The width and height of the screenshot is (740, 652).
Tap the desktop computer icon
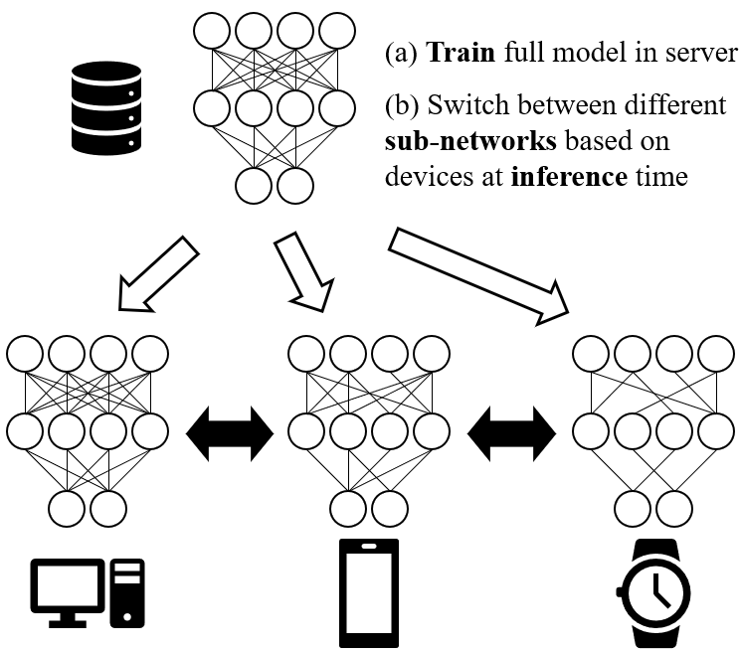(x=88, y=592)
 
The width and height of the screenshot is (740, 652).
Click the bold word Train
(x=461, y=54)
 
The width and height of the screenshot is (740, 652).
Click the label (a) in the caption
(x=401, y=54)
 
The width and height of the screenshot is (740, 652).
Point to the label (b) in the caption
(x=401, y=106)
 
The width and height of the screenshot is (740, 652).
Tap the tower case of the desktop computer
(x=127, y=593)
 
